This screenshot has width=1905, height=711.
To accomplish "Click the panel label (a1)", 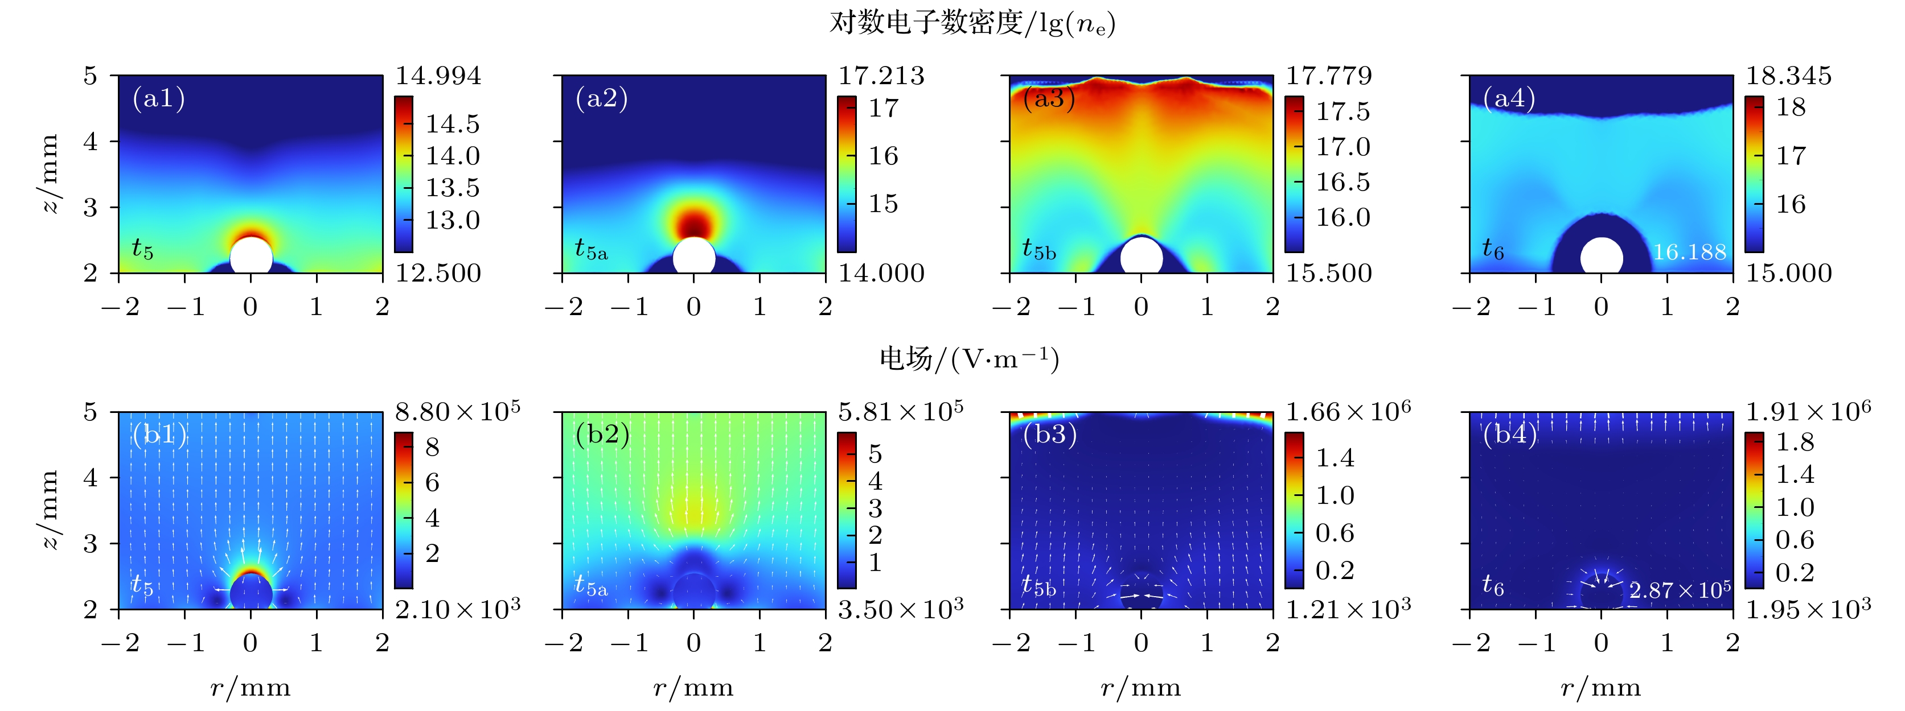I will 158,98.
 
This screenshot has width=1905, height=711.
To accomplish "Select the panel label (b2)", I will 602,434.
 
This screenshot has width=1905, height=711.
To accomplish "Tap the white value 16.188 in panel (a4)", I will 1689,252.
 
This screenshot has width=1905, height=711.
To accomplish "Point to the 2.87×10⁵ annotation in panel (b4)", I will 1680,590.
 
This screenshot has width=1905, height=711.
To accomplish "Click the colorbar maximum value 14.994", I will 438,76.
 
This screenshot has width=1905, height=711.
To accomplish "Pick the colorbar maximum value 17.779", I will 1328,76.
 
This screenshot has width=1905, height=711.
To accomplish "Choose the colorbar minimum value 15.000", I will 1789,274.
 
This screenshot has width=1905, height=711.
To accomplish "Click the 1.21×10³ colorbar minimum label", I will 1348,609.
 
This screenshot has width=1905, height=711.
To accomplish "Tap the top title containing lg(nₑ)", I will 972,23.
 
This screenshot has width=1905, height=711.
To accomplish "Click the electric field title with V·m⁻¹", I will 969,359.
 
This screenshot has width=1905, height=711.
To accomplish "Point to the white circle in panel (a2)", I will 693,257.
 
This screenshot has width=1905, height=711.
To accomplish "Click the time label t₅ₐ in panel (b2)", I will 591,585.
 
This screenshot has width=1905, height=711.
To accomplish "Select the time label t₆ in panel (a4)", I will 1493,249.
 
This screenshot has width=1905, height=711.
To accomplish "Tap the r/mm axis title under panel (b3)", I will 1140,688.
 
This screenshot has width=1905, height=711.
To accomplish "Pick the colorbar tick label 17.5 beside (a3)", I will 1342,111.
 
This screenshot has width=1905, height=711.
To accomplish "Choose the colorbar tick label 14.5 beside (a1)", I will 452,123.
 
